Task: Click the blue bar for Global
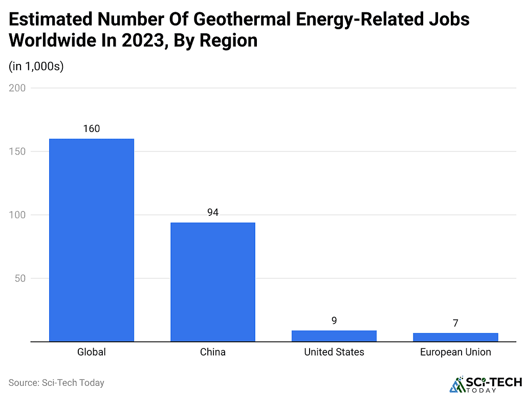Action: (92, 240)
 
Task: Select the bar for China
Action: (213, 282)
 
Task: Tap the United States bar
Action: (334, 336)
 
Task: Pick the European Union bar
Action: (455, 337)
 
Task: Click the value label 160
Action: (92, 128)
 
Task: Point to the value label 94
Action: (213, 212)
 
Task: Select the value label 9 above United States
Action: (334, 321)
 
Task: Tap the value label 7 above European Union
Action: (455, 323)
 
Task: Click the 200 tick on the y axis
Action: (17, 88)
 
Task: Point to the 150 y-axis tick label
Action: (17, 151)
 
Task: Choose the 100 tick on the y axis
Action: (17, 215)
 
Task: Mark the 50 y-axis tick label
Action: (19, 278)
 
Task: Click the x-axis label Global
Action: (92, 352)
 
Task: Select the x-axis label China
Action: (213, 352)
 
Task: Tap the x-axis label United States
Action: (334, 352)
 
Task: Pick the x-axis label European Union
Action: (455, 352)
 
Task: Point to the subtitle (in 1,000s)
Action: (36, 67)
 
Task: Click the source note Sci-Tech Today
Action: (56, 382)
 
